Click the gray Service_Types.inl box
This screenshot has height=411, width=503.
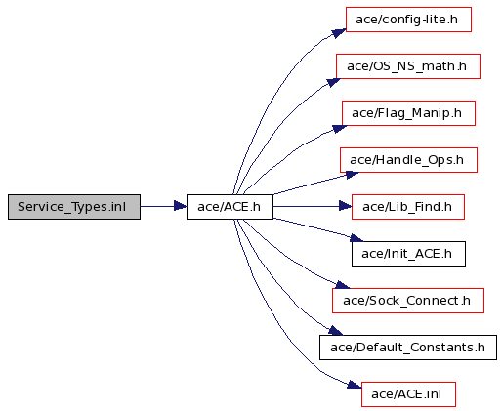[x=74, y=207]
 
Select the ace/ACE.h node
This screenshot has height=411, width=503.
[x=230, y=207]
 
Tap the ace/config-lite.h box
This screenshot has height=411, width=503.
[x=408, y=20]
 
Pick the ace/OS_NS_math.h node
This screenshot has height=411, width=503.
[x=408, y=66]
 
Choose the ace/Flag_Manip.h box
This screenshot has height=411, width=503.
[x=408, y=113]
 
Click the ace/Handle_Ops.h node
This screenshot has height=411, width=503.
[x=408, y=160]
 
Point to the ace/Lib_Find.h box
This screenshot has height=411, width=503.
[x=408, y=207]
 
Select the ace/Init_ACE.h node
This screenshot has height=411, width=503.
[x=408, y=254]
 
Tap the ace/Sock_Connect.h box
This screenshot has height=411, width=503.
[x=408, y=301]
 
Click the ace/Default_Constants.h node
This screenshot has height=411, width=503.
[x=408, y=348]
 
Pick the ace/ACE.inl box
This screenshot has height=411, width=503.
[x=408, y=394]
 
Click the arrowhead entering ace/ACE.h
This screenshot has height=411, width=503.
[x=181, y=206]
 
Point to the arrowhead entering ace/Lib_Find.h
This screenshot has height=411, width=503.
[x=346, y=206]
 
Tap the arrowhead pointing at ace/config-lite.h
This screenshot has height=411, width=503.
[x=339, y=33]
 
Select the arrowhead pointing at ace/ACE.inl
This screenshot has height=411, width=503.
[x=355, y=385]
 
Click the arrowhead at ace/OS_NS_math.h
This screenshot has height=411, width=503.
[x=333, y=82]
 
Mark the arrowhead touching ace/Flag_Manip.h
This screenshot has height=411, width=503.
[x=339, y=129]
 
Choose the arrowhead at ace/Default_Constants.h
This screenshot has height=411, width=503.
[x=335, y=331]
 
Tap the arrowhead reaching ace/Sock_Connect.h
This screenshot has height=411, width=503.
[x=343, y=285]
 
